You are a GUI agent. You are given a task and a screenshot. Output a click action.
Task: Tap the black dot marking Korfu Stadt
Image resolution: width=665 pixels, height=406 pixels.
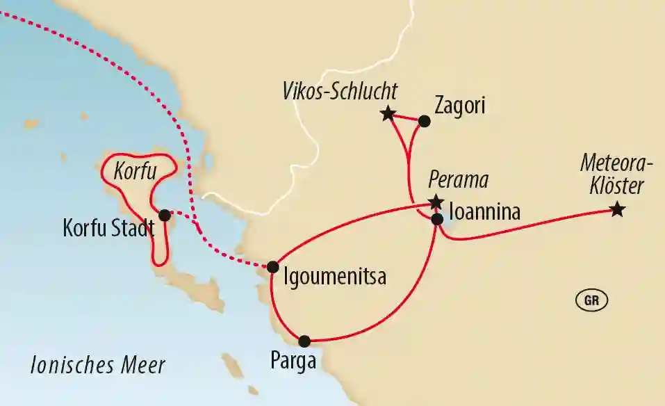[165, 215]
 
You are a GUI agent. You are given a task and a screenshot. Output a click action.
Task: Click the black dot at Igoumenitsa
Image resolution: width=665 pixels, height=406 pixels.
[273, 266]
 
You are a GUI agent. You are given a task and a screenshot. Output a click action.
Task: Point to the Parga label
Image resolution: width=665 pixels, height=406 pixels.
[293, 362]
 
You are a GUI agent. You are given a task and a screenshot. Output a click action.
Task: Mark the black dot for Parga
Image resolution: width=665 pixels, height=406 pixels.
[304, 341]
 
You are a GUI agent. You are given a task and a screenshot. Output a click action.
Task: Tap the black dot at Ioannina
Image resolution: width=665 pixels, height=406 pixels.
[437, 219]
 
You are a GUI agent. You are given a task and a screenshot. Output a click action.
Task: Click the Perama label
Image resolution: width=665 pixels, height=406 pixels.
[458, 181]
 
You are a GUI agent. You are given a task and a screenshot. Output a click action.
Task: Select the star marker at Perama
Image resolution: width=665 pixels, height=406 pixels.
[436, 202]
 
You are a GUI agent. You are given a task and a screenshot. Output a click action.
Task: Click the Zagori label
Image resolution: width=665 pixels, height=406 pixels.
[458, 106]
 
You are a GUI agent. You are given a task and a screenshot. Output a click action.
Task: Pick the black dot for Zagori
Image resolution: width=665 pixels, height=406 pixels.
[424, 121]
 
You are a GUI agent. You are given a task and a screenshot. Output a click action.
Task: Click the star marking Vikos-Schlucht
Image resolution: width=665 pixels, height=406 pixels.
[388, 114]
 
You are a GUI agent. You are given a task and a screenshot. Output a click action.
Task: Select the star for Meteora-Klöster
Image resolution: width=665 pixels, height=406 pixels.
[616, 209]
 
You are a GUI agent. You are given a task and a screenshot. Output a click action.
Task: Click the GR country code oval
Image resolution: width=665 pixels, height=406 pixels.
[592, 300]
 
